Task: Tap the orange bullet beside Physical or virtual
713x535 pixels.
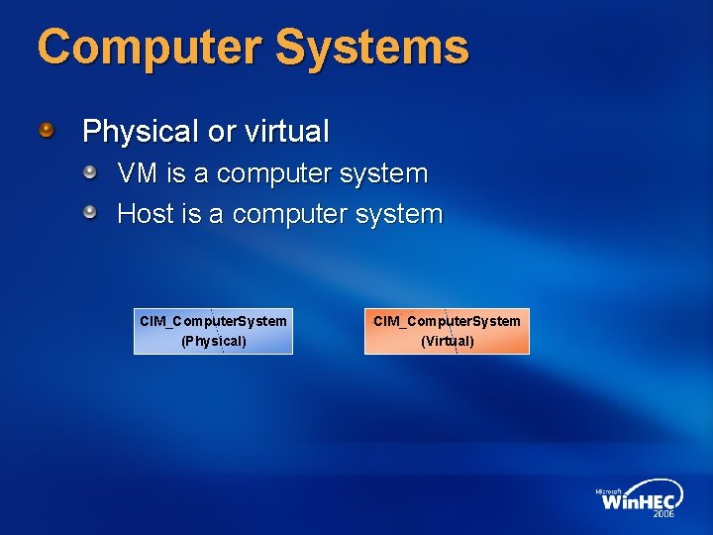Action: point(47,130)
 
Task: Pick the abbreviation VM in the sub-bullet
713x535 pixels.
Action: point(138,174)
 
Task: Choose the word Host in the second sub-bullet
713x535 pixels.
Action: point(146,214)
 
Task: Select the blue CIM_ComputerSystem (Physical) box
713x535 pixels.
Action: point(213,331)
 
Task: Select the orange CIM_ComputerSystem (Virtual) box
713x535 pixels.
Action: point(447,331)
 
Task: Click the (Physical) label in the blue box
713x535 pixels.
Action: point(213,342)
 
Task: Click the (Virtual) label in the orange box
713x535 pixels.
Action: point(448,342)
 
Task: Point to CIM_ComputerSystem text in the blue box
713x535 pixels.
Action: point(213,321)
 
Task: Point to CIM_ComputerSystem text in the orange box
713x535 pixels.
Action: point(447,321)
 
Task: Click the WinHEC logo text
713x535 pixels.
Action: point(640,501)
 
